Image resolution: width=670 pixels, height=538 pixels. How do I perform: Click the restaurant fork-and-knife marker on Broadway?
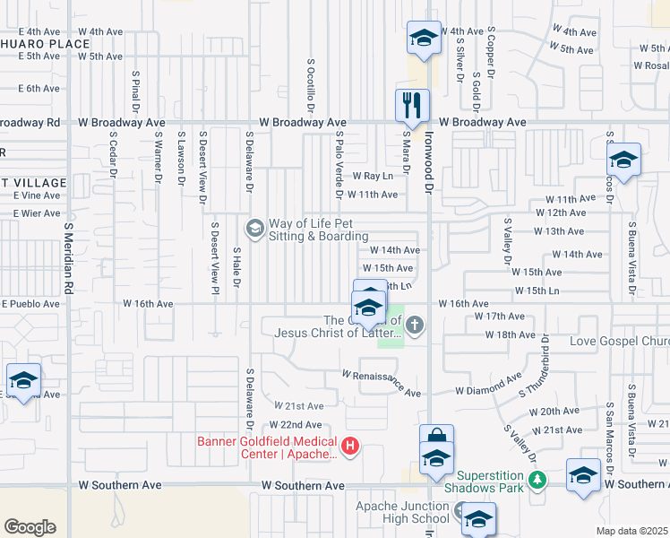click(413, 105)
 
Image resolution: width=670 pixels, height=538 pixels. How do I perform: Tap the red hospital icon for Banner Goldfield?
click(350, 445)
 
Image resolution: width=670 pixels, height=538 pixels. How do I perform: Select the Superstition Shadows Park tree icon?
click(537, 480)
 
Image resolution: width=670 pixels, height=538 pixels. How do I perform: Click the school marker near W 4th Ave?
click(424, 38)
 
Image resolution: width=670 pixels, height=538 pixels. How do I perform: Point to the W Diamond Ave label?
click(488, 391)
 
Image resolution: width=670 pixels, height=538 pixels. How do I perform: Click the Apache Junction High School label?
click(402, 512)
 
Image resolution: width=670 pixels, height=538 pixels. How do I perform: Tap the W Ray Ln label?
click(374, 177)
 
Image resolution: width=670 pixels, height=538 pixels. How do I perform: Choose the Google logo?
click(30, 527)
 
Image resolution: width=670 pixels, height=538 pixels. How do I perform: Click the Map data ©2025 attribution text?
click(631, 531)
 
